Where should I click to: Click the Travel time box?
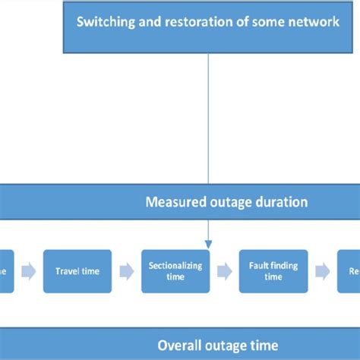coord(77,271)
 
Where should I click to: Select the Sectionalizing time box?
coord(175,271)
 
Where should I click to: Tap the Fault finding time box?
coord(273,271)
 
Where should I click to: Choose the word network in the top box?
coord(314,21)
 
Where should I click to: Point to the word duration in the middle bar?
coord(283,203)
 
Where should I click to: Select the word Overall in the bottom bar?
coord(181,346)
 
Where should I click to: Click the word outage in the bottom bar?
coord(227,346)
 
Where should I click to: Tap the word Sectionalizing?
coord(175,266)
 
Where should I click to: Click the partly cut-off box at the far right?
coord(349,271)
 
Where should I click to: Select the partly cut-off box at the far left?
coord(6,271)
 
